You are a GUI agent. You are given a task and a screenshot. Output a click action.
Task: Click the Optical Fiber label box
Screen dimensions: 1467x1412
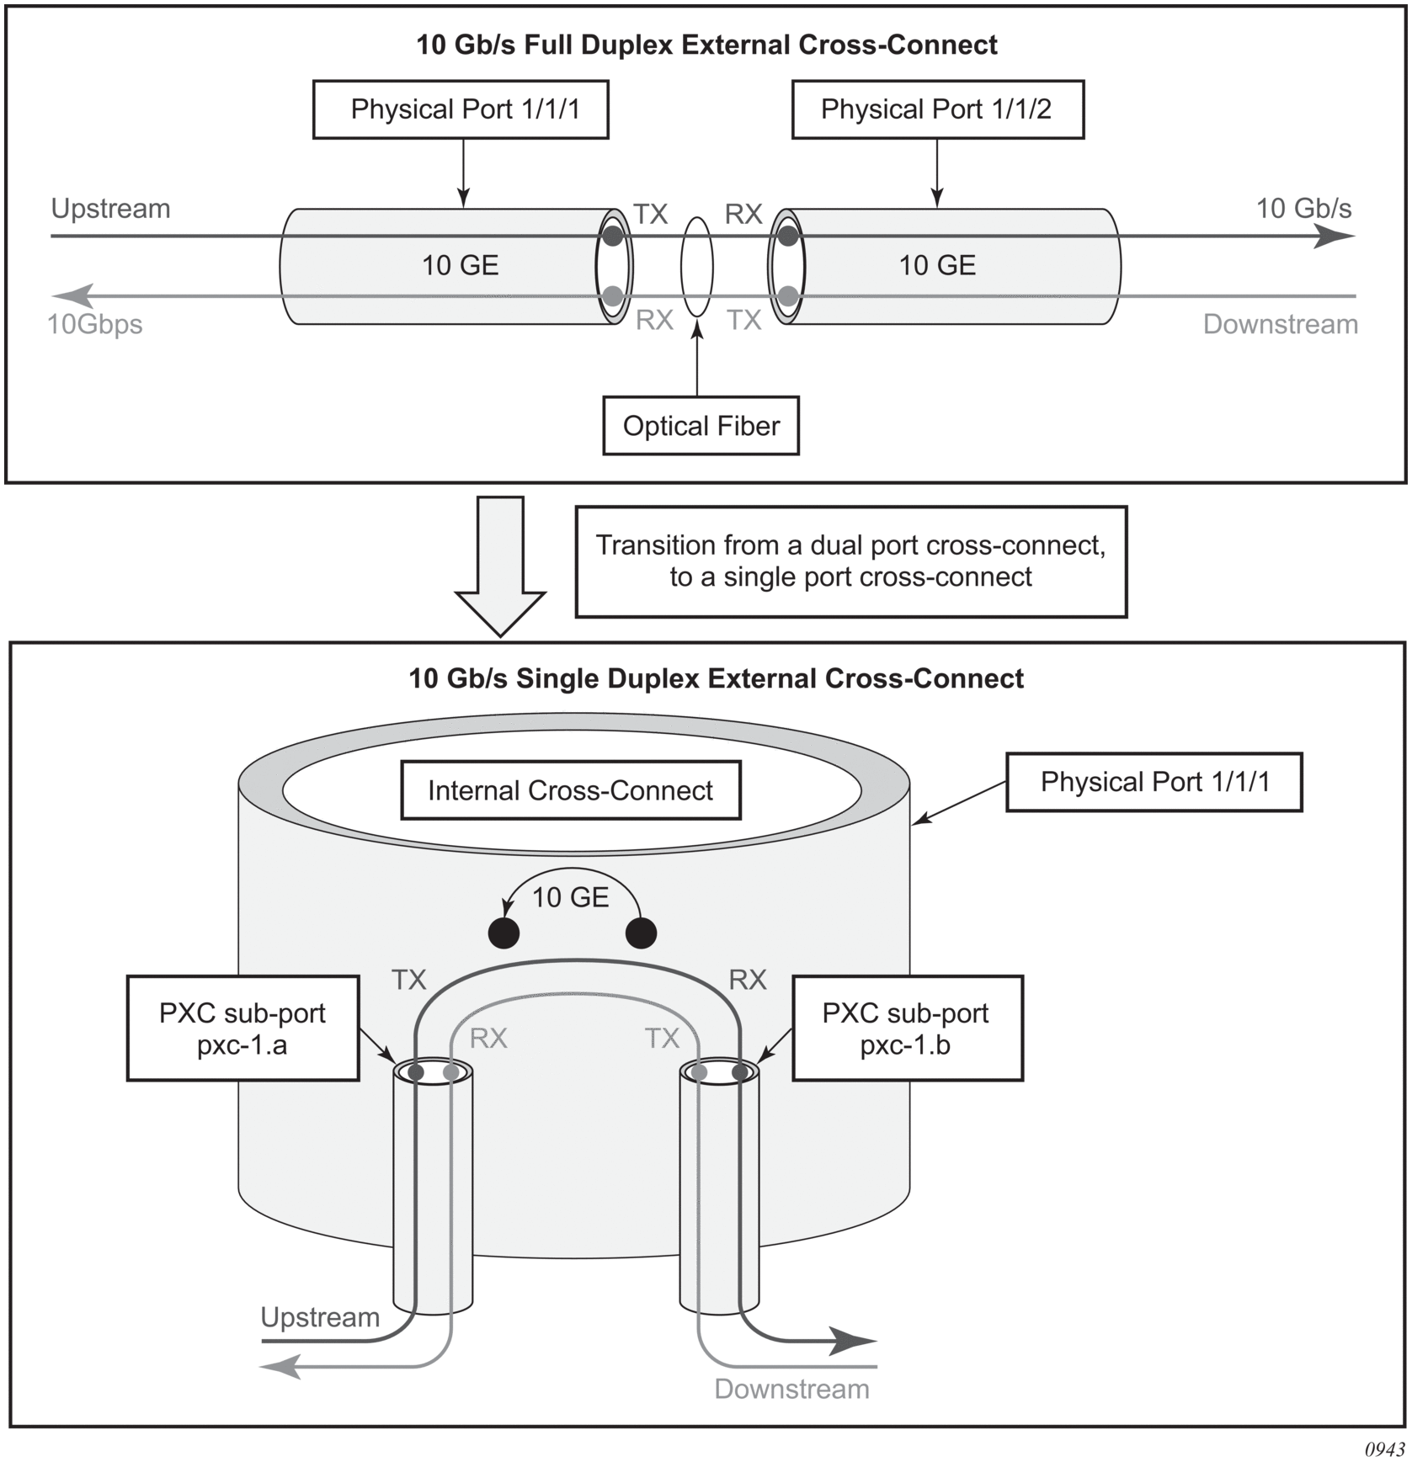(x=701, y=426)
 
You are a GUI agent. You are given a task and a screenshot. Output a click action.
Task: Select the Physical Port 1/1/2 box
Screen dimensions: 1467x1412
(x=937, y=109)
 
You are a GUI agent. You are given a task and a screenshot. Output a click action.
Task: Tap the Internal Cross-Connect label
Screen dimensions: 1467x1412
(x=570, y=790)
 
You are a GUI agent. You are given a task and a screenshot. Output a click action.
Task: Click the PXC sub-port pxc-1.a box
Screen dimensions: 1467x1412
(x=242, y=1028)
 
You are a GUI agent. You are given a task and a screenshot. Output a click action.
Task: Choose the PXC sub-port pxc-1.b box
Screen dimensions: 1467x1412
(x=907, y=1028)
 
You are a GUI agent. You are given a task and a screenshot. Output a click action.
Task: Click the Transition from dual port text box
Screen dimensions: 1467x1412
(x=850, y=561)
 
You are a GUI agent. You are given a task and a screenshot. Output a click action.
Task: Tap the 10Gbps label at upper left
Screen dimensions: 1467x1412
(x=94, y=324)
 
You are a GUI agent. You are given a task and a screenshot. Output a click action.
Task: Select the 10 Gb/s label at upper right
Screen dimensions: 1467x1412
(x=1303, y=208)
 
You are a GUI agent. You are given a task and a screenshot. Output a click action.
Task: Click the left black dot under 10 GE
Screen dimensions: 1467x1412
(x=504, y=933)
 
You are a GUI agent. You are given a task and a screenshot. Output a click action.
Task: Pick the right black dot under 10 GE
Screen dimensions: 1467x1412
(x=642, y=933)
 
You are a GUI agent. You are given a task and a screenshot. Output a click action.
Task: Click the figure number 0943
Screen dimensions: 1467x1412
(x=1384, y=1449)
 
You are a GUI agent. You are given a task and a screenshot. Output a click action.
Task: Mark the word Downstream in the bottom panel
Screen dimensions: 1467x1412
(x=791, y=1389)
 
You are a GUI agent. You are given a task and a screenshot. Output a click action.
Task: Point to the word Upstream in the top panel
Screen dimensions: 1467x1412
(x=110, y=208)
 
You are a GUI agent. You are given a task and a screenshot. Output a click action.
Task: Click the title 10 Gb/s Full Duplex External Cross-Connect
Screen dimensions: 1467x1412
(x=706, y=45)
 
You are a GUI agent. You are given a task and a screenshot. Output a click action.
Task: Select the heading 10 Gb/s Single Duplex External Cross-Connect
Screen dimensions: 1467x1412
(x=716, y=678)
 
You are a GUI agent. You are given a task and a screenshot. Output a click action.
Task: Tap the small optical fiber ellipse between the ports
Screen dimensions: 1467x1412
(x=697, y=267)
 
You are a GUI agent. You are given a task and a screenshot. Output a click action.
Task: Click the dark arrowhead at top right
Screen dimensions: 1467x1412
(x=1335, y=237)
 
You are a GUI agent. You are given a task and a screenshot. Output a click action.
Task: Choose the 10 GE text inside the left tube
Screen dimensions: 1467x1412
(x=460, y=265)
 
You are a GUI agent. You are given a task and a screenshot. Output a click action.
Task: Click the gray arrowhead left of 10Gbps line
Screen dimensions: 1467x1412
(x=72, y=296)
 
